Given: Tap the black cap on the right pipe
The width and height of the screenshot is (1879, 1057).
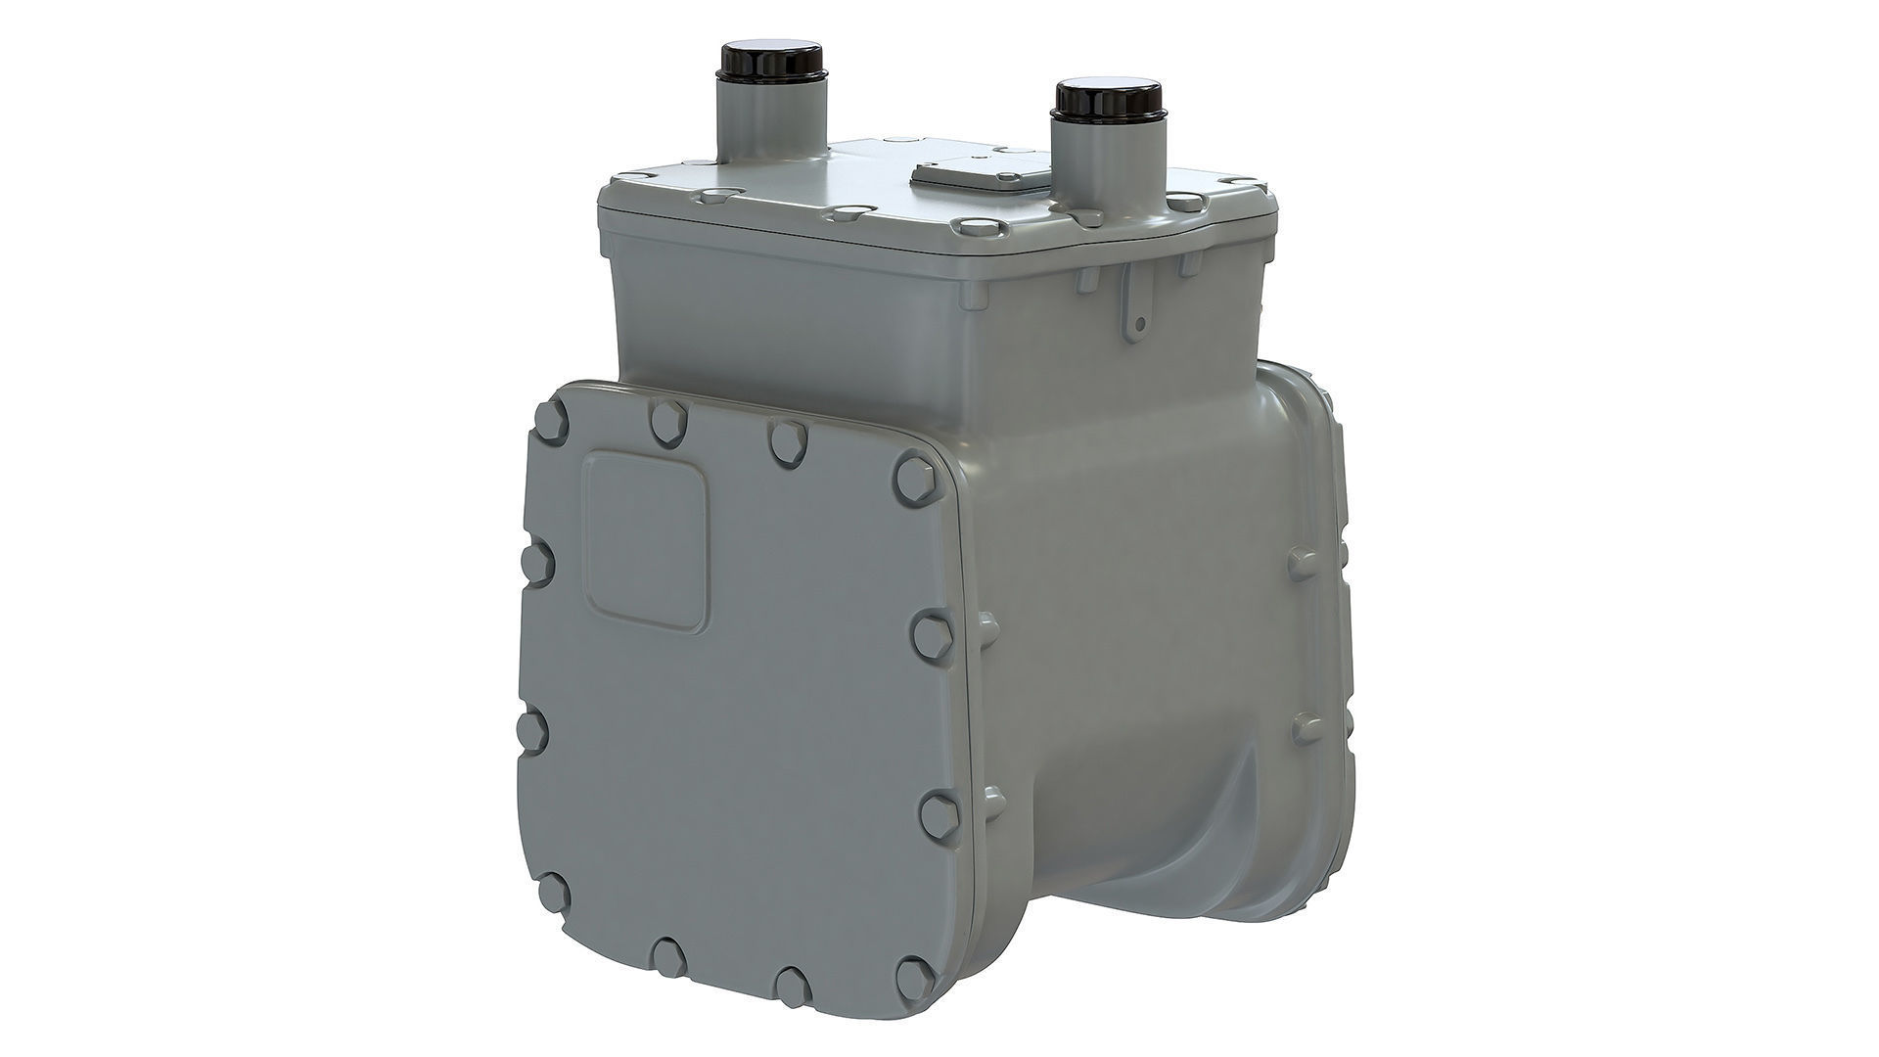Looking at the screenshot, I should pos(1107,99).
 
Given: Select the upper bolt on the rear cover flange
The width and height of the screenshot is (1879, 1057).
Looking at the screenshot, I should pos(1303,563).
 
